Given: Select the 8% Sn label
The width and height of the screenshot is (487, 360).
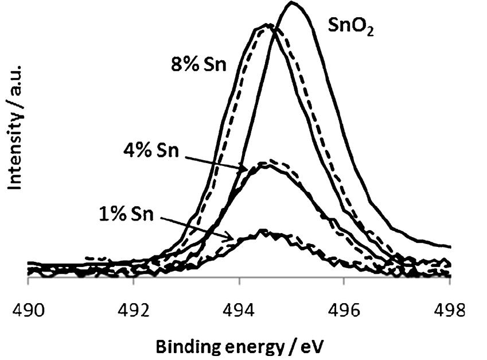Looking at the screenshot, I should click(199, 63).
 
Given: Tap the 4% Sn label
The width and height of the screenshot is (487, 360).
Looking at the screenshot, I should click(150, 153).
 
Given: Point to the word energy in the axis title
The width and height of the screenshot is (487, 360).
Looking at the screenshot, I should click(248, 347).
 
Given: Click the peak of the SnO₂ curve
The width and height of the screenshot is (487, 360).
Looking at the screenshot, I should click(293, 3).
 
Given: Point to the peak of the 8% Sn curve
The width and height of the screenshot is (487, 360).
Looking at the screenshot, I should click(267, 25).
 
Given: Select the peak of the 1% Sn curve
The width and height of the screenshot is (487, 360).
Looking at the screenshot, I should click(263, 231).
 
